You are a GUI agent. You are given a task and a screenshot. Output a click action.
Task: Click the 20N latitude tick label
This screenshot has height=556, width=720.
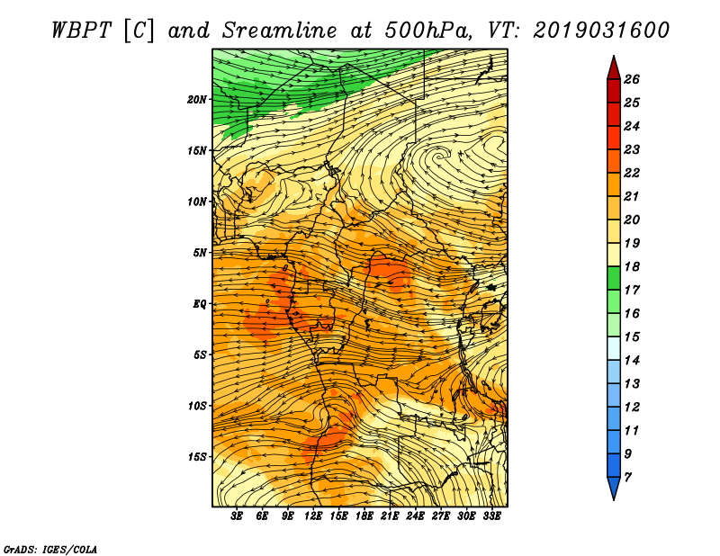click(x=197, y=100)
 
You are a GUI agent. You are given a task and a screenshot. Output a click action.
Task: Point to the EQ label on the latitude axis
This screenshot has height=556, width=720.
click(x=200, y=304)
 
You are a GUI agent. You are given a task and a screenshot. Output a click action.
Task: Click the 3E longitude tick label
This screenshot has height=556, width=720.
click(x=237, y=516)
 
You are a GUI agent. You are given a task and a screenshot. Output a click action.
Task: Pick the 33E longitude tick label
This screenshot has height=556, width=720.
click(x=491, y=516)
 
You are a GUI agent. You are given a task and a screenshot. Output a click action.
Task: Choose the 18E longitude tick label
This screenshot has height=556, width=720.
click(x=364, y=516)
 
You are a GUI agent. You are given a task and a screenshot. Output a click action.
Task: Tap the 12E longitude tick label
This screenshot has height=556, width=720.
click(x=313, y=516)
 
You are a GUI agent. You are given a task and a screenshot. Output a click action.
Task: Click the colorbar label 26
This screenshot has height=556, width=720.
click(x=632, y=79)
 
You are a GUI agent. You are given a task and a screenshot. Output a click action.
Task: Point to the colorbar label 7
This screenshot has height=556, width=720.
click(x=627, y=478)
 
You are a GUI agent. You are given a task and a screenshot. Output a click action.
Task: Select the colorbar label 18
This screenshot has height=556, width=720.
click(x=632, y=266)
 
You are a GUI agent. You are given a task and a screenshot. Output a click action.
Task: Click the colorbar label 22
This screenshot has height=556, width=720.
click(x=632, y=173)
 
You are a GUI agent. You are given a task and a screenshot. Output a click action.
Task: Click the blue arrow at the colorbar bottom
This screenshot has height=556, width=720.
click(x=614, y=488)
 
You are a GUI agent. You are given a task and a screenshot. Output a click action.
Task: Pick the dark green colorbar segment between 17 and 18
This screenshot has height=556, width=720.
click(x=614, y=278)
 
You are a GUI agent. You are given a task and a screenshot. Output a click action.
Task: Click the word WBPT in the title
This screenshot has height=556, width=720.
click(x=81, y=31)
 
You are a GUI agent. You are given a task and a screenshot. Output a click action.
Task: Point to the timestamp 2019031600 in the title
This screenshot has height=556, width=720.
click(x=601, y=31)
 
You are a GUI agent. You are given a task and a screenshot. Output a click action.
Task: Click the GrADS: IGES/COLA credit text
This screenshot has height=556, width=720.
click(x=50, y=549)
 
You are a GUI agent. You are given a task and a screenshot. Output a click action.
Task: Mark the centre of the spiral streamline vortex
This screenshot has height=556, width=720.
click(x=440, y=157)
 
